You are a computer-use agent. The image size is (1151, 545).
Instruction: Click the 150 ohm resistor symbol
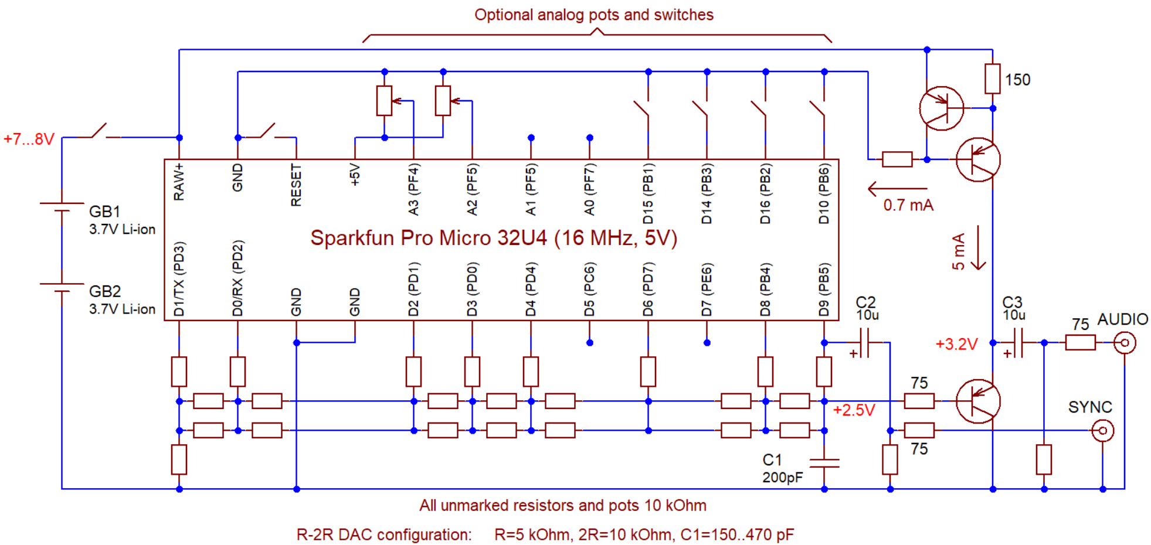pyautogui.click(x=992, y=79)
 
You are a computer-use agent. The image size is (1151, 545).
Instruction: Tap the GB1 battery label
pyautogui.click(x=104, y=212)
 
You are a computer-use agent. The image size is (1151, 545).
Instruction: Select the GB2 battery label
pyautogui.click(x=104, y=291)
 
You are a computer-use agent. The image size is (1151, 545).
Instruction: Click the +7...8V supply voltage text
pyautogui.click(x=29, y=139)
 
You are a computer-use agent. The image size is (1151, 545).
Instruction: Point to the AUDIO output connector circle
pyautogui.click(x=1125, y=343)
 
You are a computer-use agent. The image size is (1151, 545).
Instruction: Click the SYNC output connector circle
pyautogui.click(x=1102, y=431)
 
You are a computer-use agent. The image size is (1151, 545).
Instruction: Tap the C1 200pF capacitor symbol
pyautogui.click(x=824, y=463)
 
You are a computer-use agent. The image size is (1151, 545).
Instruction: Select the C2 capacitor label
pyautogui.click(x=865, y=302)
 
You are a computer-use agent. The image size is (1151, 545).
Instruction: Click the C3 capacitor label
pyautogui.click(x=1012, y=302)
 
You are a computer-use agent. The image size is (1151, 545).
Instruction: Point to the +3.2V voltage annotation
pyautogui.click(x=956, y=344)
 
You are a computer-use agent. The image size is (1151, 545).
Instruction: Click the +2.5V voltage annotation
pyautogui.click(x=854, y=410)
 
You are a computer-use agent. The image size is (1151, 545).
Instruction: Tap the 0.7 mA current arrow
pyautogui.click(x=897, y=189)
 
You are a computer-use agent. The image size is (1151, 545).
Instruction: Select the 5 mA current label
pyautogui.click(x=958, y=251)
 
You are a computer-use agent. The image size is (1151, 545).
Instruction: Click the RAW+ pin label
pyautogui.click(x=179, y=182)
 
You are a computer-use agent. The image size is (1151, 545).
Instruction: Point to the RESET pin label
pyautogui.click(x=296, y=185)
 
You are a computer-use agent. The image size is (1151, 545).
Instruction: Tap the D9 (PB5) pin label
pyautogui.click(x=824, y=289)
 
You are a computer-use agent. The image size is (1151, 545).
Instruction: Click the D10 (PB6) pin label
pyautogui.click(x=824, y=194)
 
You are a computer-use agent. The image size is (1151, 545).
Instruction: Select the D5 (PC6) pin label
pyautogui.click(x=589, y=289)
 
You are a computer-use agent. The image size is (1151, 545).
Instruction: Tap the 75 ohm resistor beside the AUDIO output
pyautogui.click(x=1080, y=343)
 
